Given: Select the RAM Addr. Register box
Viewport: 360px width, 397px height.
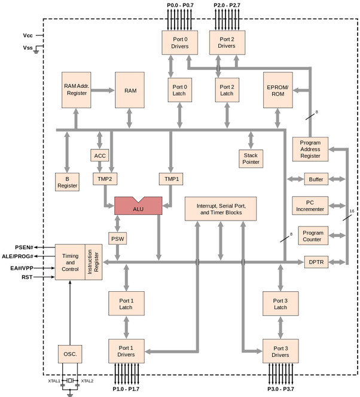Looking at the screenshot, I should (x=76, y=90).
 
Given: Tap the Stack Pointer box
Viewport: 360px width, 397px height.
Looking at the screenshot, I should (x=251, y=158).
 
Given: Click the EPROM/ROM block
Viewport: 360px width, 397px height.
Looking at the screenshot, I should (x=277, y=90).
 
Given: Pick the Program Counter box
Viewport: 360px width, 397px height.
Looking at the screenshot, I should (x=313, y=236).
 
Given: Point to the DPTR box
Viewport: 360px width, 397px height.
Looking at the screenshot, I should (x=313, y=262).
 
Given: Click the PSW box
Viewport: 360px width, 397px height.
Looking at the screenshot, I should (x=117, y=239).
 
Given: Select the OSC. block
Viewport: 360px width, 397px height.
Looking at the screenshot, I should (x=70, y=355).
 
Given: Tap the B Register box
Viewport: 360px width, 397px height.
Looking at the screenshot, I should (x=67, y=182).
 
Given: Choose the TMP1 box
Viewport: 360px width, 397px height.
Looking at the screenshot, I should (x=170, y=179).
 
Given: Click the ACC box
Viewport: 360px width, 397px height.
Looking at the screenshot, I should (x=100, y=156).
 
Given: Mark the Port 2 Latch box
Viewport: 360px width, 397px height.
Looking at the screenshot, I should (x=226, y=90).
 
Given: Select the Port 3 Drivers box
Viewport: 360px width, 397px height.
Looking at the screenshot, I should (x=280, y=351).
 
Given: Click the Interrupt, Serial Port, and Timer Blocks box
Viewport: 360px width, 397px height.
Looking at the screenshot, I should (x=220, y=209).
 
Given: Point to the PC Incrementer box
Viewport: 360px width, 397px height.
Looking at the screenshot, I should (x=313, y=206).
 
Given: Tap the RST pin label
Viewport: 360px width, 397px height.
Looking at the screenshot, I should (x=28, y=277).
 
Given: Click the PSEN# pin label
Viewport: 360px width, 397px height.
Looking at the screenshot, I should (x=25, y=247).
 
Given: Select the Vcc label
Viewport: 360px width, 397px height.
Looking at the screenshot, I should (x=28, y=36).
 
